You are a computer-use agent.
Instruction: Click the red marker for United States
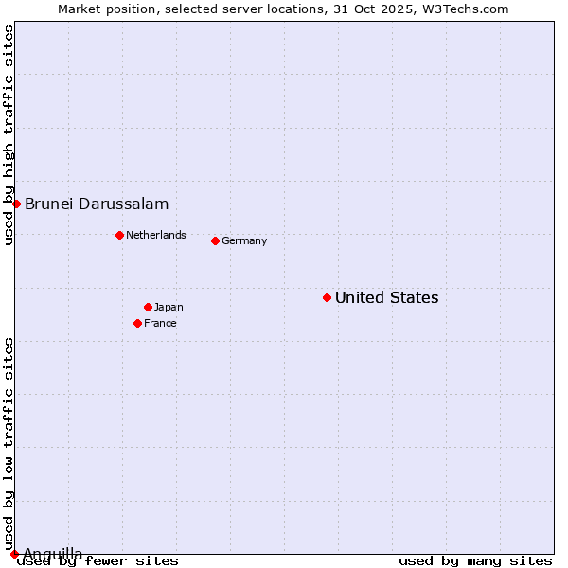coord(327,297)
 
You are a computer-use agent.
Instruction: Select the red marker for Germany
coord(215,240)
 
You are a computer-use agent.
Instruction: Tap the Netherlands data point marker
coord(119,235)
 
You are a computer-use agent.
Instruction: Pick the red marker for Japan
coord(148,307)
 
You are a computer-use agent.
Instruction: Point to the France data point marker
coord(137,323)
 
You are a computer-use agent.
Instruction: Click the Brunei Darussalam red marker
coord(16,204)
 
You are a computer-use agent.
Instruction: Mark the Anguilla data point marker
coord(14,554)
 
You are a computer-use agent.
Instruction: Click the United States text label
coord(386,297)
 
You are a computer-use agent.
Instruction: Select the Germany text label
coord(244,240)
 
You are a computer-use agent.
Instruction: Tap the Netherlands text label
coord(156,235)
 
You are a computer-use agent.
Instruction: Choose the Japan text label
coord(169,307)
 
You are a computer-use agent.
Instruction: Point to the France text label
coord(160,323)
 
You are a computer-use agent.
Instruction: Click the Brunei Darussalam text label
coord(97,204)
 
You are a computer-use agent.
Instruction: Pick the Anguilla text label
coord(52,554)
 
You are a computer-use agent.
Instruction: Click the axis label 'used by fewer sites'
coord(98,560)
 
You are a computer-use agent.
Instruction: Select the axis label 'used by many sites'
coord(475,560)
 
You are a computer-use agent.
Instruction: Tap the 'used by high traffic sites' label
coord(9,134)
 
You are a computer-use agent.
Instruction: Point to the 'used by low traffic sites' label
coord(9,444)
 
